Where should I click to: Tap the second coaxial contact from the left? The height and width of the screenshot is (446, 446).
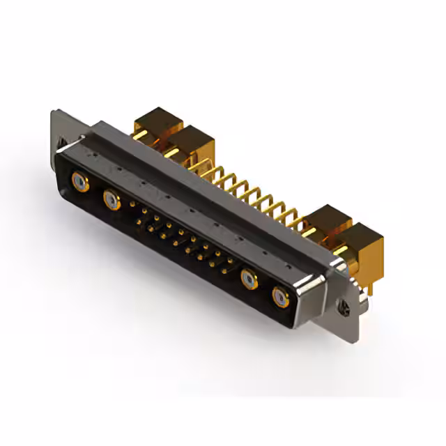click(x=111, y=200)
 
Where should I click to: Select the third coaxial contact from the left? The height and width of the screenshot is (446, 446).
click(x=249, y=279)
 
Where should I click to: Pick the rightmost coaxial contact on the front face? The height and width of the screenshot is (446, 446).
click(x=280, y=298)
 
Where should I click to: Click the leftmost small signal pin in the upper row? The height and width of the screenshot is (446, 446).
click(x=133, y=205)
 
